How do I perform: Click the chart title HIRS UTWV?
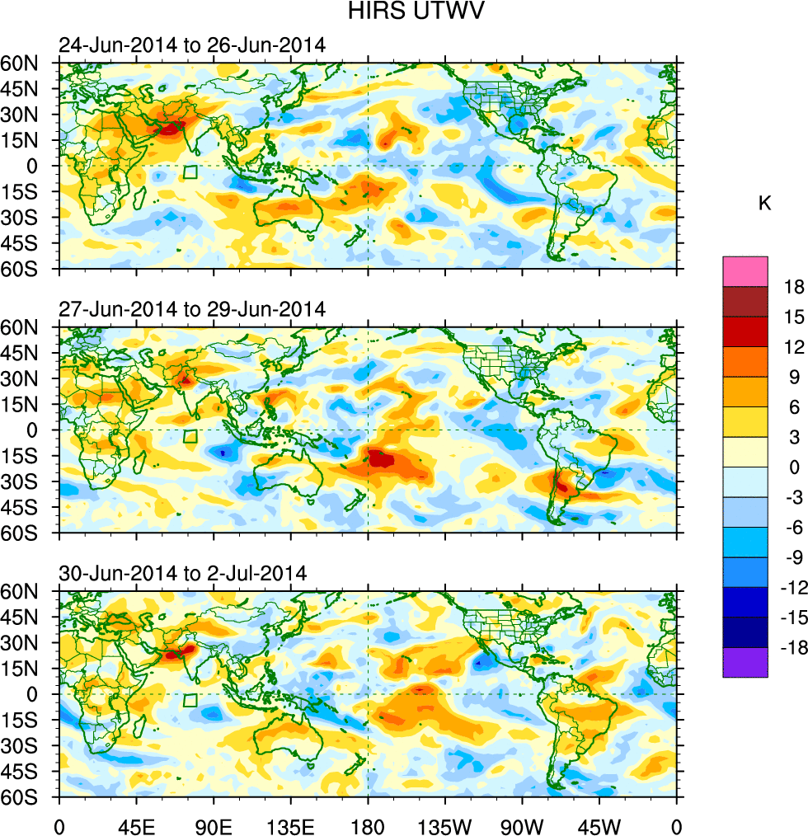pos(403,12)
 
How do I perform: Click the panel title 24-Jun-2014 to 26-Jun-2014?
pos(191,45)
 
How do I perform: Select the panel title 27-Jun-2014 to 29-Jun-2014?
pos(191,309)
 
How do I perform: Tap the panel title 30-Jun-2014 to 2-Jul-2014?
pos(182,573)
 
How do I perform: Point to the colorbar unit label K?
pos(765,203)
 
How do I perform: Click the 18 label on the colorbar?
pos(795,286)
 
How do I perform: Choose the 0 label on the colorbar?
pos(795,467)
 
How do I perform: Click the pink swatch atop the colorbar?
pos(745,271)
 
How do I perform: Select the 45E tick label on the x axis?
pos(135,824)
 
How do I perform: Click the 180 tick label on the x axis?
pos(368,824)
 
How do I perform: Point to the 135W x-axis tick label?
pos(444,824)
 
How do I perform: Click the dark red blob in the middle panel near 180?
pos(382,458)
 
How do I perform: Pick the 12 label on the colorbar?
pos(795,347)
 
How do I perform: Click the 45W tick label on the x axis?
pos(599,824)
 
